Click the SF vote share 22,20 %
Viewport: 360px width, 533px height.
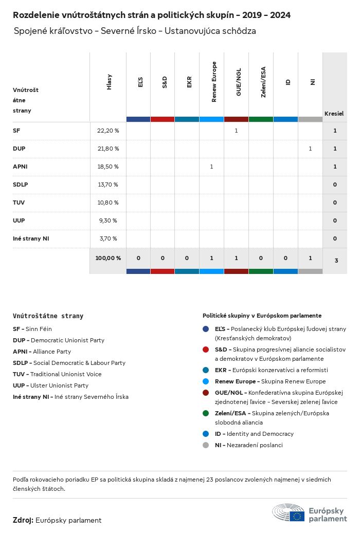pos(108,131)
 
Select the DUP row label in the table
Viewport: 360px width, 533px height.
pos(19,149)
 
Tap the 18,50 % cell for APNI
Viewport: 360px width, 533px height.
pos(108,167)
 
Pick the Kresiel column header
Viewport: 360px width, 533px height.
pos(334,113)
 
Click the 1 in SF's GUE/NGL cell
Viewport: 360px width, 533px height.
pos(236,131)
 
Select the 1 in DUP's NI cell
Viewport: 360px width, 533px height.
pos(310,149)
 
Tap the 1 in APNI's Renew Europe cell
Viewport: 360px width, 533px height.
pos(211,167)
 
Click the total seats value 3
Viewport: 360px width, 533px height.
pos(336,261)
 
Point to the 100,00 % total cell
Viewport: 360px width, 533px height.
pos(108,258)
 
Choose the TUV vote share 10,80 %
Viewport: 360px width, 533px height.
pos(108,203)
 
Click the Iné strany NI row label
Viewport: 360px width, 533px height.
pos(31,238)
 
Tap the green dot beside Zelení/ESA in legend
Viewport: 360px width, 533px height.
pos(206,413)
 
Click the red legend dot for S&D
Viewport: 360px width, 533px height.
pos(206,349)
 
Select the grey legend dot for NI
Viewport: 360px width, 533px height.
pos(206,445)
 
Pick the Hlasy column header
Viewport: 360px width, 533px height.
pos(109,82)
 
